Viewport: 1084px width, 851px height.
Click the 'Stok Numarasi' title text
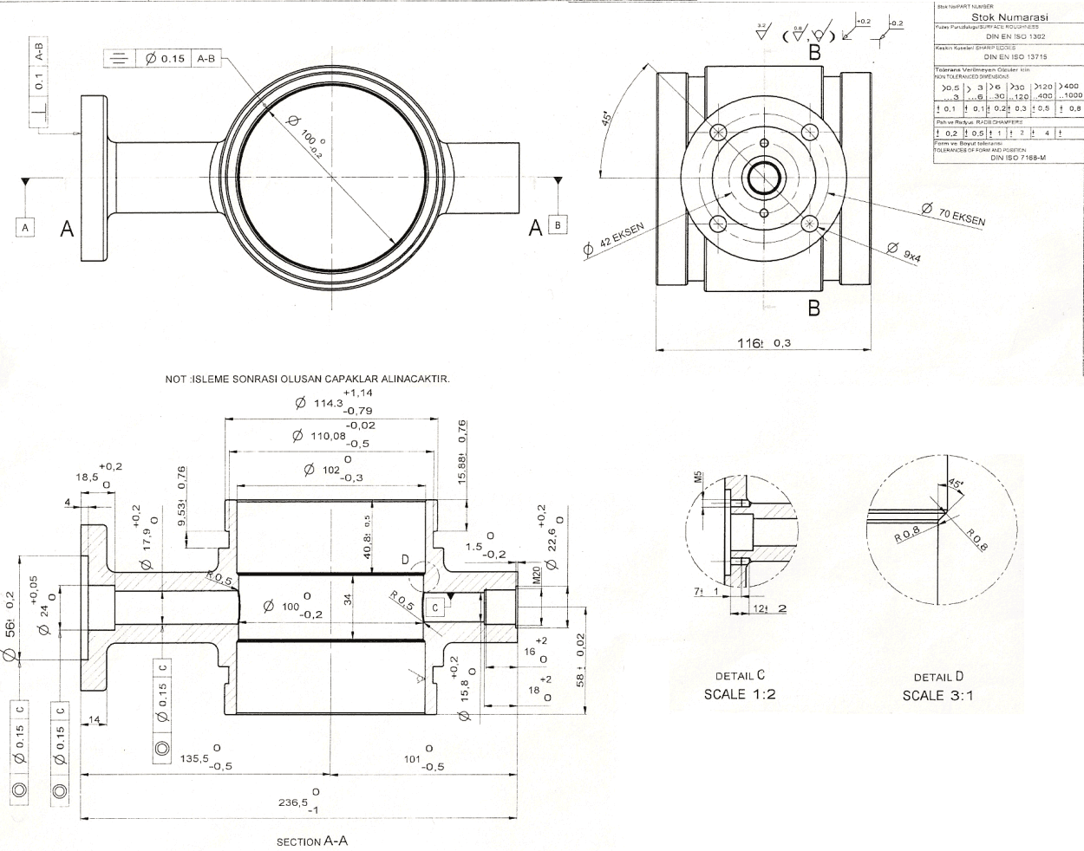(x=1009, y=16)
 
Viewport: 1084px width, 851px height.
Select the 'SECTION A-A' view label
(x=311, y=841)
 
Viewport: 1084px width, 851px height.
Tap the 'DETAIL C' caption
(x=740, y=676)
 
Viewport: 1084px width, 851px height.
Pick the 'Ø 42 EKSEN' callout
(x=615, y=242)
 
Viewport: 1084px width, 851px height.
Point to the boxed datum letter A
(x=26, y=227)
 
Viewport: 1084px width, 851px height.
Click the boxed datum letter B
(x=558, y=225)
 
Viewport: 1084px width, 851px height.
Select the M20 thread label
(x=537, y=575)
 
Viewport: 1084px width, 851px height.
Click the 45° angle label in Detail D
(x=956, y=484)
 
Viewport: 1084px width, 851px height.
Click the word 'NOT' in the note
(x=174, y=379)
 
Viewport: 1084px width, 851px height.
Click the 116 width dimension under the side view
(x=763, y=342)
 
